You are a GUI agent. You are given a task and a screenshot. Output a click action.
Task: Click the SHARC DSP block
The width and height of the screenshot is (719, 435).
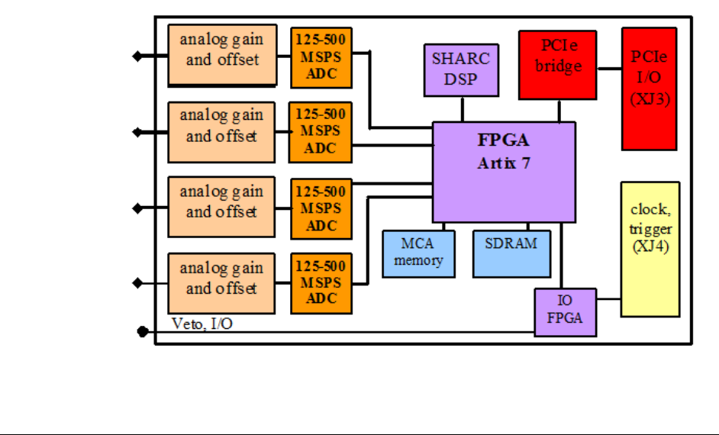pos(461,69)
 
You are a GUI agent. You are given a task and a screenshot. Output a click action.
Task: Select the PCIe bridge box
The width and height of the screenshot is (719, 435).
pos(557,65)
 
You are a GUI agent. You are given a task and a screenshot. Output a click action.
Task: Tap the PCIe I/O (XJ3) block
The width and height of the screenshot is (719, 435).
pos(650,89)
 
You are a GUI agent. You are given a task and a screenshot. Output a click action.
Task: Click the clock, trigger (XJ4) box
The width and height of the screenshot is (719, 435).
pos(650,249)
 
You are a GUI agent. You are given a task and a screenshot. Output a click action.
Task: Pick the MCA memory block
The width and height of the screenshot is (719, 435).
pos(418,253)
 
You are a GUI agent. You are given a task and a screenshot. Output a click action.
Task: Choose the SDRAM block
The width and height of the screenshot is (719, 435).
pos(511,253)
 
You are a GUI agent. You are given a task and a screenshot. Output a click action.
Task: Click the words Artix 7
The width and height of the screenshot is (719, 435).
pos(504,163)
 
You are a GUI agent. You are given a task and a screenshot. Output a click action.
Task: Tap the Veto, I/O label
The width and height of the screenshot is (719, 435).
pos(202,324)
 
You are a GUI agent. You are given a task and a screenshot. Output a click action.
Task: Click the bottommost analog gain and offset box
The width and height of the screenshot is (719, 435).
pos(221,283)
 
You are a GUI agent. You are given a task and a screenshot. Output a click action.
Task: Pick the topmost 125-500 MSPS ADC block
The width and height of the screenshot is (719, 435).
pos(321,58)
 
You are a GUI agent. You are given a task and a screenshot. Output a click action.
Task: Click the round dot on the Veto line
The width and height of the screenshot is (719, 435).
pos(142,331)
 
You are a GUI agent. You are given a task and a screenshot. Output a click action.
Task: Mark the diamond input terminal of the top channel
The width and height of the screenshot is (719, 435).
pos(137,56)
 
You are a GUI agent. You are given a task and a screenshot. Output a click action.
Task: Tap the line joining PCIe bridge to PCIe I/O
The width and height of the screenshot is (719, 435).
pos(609,68)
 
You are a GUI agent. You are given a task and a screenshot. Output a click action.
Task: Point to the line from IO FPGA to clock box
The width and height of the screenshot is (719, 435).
pos(608,299)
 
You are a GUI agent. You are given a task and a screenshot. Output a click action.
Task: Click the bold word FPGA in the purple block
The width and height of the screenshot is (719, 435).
pos(504,142)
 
